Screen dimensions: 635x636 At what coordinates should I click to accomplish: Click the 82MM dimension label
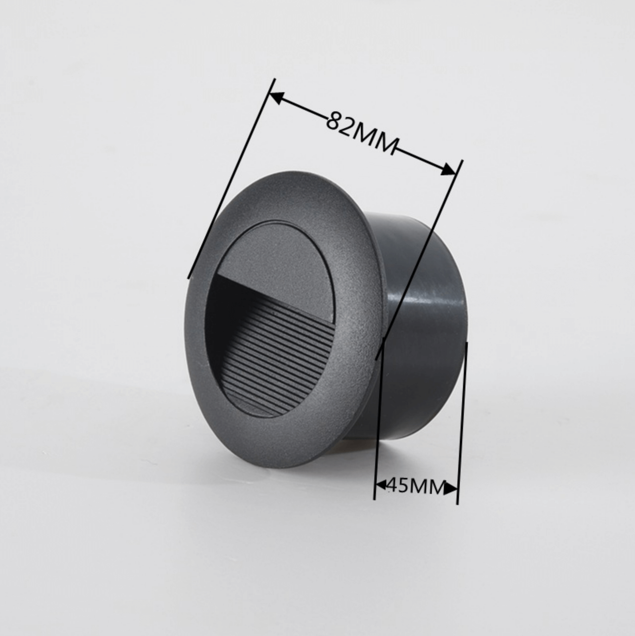362,132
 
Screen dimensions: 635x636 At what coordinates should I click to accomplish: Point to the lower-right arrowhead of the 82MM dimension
448,170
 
